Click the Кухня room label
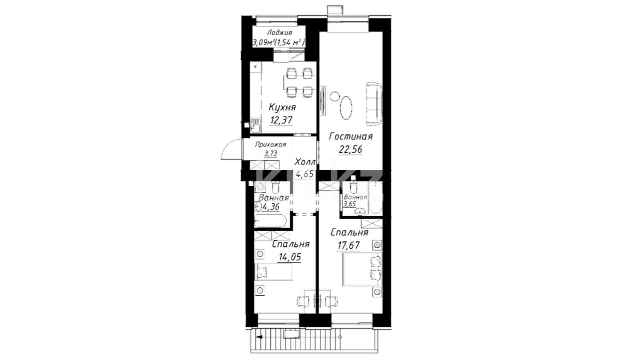click(x=282, y=108)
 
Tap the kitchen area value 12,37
click(x=281, y=120)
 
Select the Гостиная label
click(x=351, y=136)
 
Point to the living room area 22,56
click(x=350, y=149)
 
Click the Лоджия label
click(x=279, y=33)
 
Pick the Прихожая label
click(x=271, y=145)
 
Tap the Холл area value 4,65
click(x=304, y=174)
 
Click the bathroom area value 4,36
click(x=271, y=207)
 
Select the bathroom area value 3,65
click(x=350, y=204)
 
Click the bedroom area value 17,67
click(x=349, y=246)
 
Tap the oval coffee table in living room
click(x=346, y=107)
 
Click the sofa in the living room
click(x=374, y=104)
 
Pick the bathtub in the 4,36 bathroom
click(x=270, y=221)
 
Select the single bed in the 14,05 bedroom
click(x=273, y=272)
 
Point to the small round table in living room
click(x=334, y=97)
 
